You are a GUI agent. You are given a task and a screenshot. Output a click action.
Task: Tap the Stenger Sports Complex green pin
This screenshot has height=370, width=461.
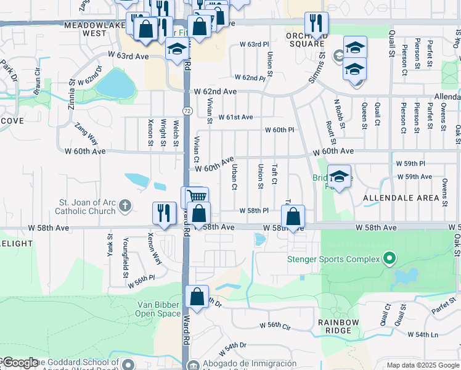point(389,258)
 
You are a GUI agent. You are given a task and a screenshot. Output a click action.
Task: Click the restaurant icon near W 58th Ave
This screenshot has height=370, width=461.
point(165,213)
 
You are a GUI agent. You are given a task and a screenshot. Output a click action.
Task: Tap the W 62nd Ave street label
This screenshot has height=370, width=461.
point(215,91)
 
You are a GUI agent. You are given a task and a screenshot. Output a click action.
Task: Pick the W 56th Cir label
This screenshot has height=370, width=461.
point(275,325)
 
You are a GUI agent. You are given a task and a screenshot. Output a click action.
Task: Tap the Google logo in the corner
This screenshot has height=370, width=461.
point(20,363)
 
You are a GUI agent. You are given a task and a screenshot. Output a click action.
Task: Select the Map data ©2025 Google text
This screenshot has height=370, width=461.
point(423,365)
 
